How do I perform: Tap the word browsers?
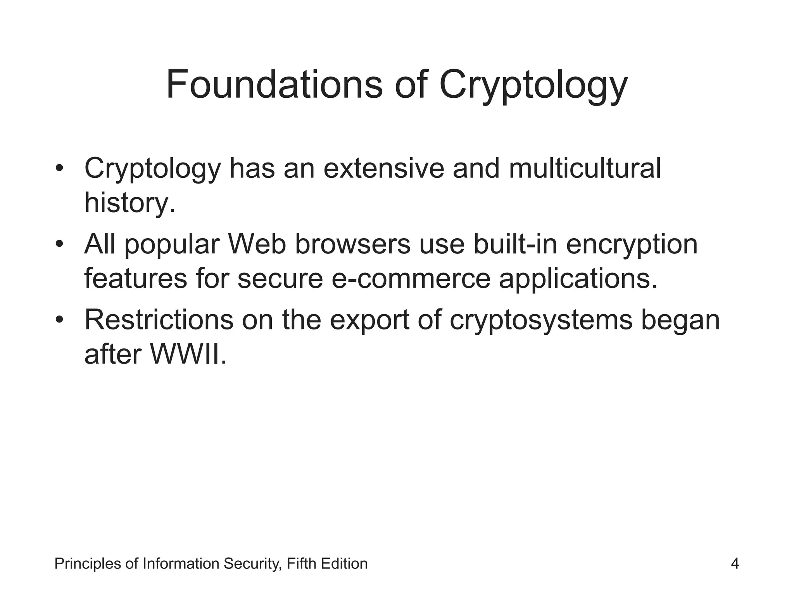coord(352,244)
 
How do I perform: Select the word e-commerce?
coord(411,279)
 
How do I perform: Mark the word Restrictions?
coord(159,320)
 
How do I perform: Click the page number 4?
coord(735,563)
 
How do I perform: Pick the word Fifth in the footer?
coord(299,563)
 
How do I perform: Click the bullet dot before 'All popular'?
coord(59,244)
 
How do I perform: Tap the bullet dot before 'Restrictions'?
coord(59,320)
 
